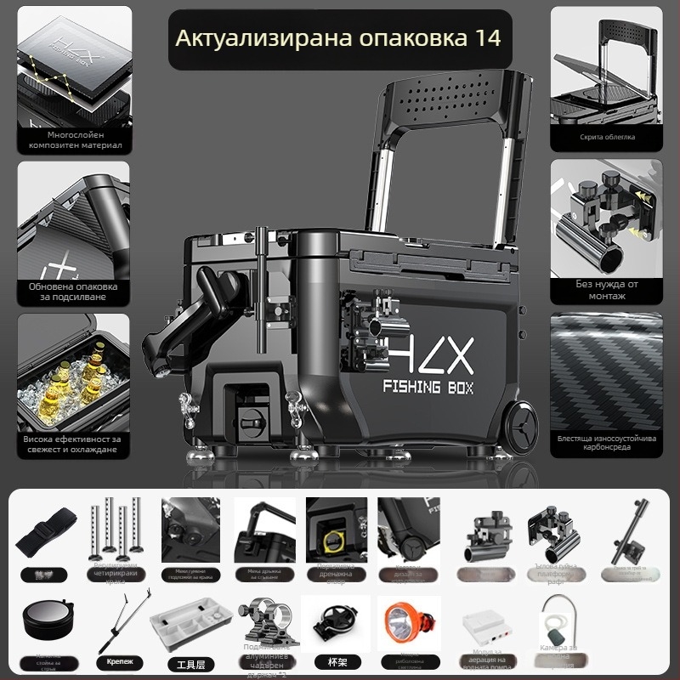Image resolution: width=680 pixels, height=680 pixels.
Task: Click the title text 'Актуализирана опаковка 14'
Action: click(337, 38)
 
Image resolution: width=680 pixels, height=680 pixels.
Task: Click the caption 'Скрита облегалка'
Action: click(606, 136)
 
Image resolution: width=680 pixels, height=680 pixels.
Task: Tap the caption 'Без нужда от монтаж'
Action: click(606, 290)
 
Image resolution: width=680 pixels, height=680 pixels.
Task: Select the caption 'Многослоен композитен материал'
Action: click(74, 139)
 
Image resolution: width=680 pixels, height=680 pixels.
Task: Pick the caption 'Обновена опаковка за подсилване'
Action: click(74, 292)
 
